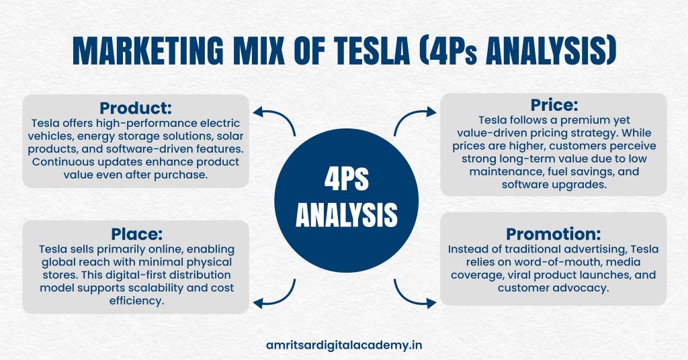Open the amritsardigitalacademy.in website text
point(343,345)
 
